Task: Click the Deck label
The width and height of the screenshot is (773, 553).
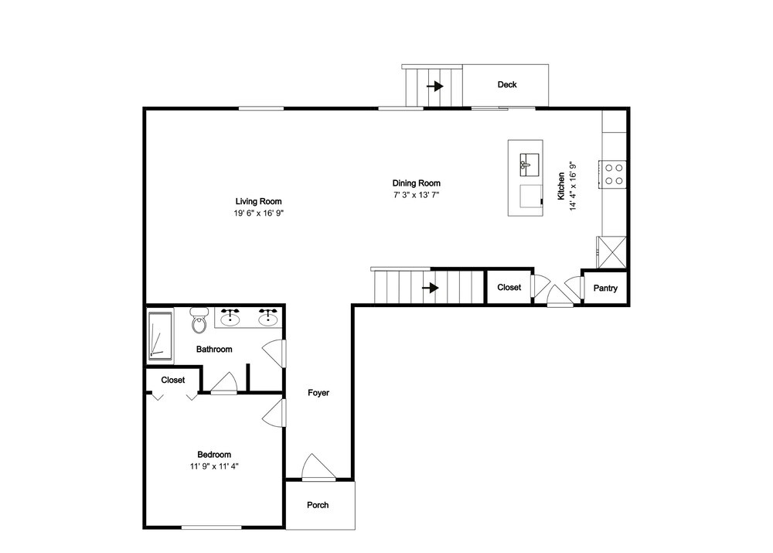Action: coord(507,84)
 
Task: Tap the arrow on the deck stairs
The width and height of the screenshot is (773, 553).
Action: coord(434,87)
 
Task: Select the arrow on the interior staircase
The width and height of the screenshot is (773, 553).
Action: coord(431,288)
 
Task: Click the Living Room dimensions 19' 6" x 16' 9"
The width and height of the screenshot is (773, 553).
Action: coord(259,213)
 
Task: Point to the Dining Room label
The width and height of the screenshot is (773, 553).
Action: coord(416,183)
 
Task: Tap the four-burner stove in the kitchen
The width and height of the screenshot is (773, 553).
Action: coord(613,174)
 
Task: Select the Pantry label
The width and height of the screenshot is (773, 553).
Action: coord(605,288)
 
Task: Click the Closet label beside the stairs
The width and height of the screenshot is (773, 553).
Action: coord(509,287)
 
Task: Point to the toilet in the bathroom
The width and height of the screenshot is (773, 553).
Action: coord(199,320)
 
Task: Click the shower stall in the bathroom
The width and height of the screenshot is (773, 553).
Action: coord(160,335)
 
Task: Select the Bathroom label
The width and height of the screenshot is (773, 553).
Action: coord(214,350)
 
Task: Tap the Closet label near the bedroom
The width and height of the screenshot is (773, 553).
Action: coord(173,380)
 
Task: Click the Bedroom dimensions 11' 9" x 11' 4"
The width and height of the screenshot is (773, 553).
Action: coord(214,466)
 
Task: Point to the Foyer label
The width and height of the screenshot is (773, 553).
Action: coord(318,393)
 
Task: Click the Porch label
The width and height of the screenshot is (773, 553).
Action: coord(318,504)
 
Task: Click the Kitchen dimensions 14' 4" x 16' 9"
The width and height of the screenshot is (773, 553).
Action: coord(573,186)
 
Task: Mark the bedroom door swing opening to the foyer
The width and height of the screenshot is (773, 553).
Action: coord(273,413)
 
